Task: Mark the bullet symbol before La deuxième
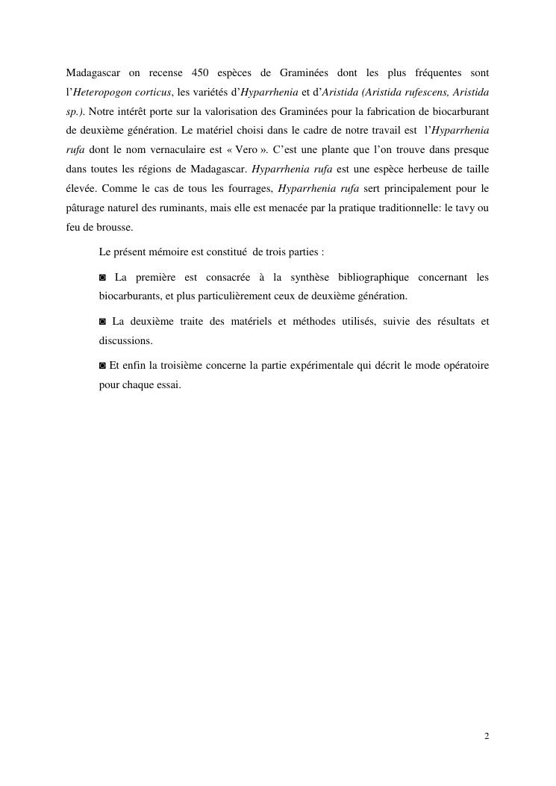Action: [x=103, y=322]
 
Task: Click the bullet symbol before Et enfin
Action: [x=103, y=366]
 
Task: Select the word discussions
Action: [x=125, y=340]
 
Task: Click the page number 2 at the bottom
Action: [x=487, y=737]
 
